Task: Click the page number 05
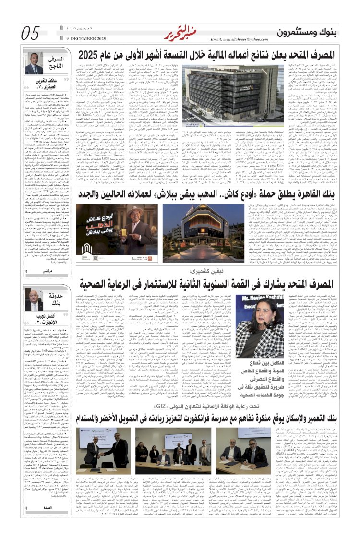click(x=31, y=33)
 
